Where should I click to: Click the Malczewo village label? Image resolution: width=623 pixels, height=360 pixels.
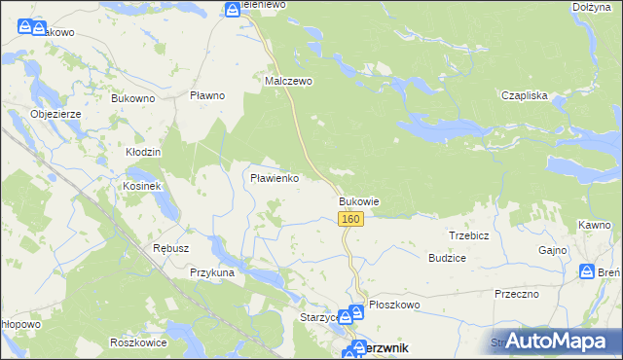(289, 82)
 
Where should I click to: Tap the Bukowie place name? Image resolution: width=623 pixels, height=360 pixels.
(358, 201)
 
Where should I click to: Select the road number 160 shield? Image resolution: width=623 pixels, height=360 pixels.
(352, 220)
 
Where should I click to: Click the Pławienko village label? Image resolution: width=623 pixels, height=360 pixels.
(280, 179)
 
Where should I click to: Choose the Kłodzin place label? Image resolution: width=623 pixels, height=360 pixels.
(143, 153)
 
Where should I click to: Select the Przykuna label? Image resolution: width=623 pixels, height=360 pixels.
(213, 273)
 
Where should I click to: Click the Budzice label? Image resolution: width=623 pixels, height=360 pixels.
(447, 258)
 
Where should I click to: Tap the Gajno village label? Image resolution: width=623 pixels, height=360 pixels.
(552, 250)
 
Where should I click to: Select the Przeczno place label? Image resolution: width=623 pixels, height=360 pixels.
(517, 293)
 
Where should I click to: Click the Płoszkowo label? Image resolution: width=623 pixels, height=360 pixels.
(393, 305)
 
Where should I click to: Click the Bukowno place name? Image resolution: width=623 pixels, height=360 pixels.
(133, 98)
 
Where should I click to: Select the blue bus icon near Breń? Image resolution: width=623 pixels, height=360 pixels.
(587, 272)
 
